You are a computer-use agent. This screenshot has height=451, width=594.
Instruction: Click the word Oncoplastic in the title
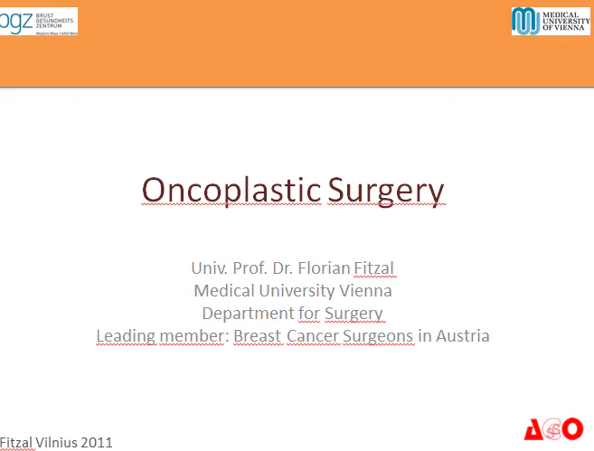231,191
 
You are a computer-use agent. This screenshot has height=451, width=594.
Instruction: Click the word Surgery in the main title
386,192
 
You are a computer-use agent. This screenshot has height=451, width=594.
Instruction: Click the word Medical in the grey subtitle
223,291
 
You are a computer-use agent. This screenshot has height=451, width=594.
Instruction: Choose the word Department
247,314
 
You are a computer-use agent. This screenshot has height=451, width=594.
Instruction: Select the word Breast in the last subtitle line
258,336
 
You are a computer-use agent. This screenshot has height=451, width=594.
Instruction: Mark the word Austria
463,336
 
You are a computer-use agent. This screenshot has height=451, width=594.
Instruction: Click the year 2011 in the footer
97,443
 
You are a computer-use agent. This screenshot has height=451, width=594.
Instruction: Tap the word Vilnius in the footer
57,443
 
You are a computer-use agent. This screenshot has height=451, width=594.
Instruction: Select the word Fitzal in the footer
16,443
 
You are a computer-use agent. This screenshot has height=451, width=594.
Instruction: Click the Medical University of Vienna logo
551,21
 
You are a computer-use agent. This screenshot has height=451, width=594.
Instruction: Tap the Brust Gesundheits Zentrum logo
39,21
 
